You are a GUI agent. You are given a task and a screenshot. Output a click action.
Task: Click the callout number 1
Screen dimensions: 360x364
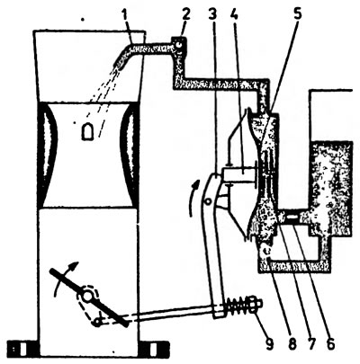tap(130, 15)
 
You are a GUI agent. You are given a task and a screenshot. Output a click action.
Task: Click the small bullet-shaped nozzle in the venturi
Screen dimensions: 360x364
tap(87, 131)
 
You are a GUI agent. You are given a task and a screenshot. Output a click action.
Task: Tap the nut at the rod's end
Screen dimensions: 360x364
tap(255, 304)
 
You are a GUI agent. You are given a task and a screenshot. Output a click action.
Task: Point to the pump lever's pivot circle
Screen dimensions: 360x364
tap(207, 201)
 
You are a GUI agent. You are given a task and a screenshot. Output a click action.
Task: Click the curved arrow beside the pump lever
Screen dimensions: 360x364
tap(192, 198)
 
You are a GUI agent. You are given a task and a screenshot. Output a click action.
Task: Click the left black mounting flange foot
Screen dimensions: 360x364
tap(22, 349)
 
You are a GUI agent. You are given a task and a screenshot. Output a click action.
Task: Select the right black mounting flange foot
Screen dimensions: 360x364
tap(154, 349)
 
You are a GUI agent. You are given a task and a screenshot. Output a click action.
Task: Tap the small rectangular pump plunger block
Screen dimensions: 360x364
tap(238, 174)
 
